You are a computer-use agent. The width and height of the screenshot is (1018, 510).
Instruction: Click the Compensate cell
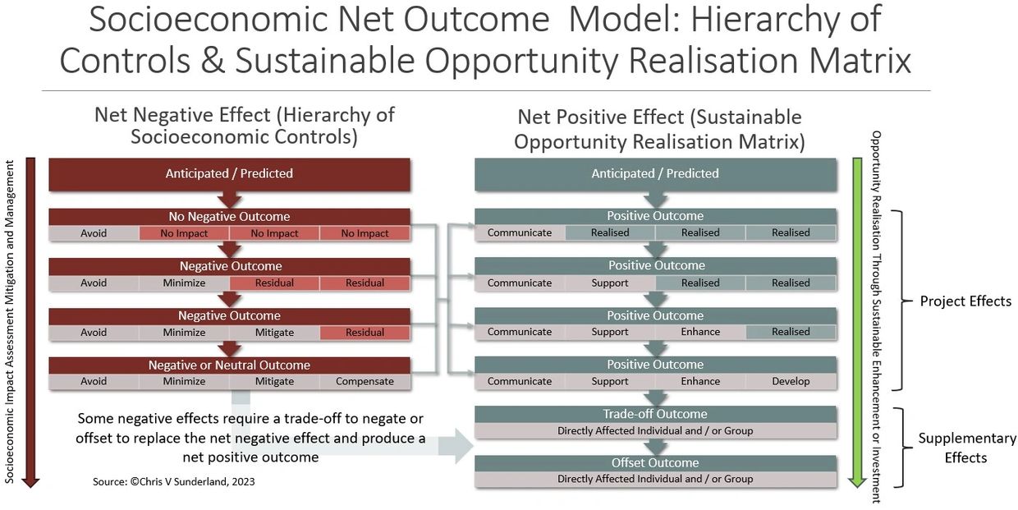click(x=365, y=381)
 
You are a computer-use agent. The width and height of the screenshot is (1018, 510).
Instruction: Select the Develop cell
click(x=791, y=381)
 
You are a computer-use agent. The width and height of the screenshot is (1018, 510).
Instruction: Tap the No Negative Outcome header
click(x=230, y=216)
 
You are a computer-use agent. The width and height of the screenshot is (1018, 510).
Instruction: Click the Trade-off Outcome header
click(x=655, y=414)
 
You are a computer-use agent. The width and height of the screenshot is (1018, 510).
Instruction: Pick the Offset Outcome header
click(x=655, y=462)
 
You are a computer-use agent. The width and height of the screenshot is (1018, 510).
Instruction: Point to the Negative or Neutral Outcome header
click(x=230, y=365)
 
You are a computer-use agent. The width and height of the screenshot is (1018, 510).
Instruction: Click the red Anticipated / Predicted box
click(x=230, y=174)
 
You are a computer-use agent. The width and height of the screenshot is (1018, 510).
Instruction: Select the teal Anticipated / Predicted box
click(x=655, y=174)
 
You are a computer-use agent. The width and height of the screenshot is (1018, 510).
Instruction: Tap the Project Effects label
click(x=965, y=301)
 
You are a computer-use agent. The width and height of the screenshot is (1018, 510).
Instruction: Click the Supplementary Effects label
click(x=966, y=448)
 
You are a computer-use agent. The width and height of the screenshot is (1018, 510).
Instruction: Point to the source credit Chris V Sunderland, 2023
click(x=173, y=482)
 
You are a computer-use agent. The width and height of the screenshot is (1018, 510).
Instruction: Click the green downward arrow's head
click(x=857, y=482)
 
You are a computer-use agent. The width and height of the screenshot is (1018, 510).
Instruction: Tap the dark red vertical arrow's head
click(x=30, y=482)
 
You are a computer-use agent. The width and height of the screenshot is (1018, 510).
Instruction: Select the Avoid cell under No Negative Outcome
click(x=94, y=233)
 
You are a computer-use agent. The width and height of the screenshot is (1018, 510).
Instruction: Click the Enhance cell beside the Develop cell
click(x=700, y=381)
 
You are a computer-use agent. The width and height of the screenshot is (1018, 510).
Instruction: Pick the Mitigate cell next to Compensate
click(x=274, y=381)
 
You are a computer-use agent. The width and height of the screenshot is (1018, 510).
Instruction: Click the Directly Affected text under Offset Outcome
click(x=655, y=479)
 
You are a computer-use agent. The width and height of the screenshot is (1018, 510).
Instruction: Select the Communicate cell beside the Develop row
click(x=520, y=381)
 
